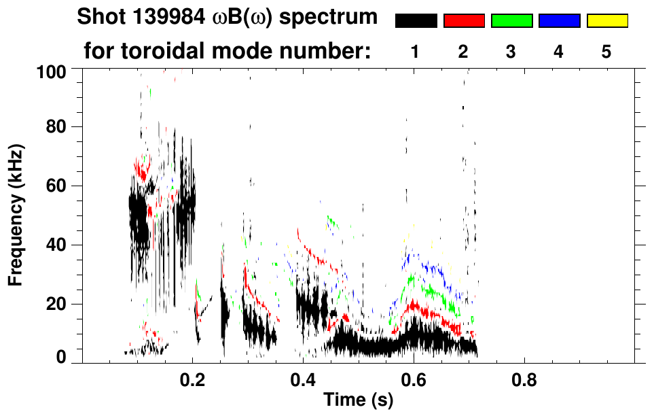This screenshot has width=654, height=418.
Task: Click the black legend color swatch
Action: coord(416,21)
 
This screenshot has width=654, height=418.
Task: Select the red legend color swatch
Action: coord(464,21)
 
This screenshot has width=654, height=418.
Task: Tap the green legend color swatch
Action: coord(511,21)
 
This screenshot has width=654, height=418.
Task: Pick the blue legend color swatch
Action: coord(559,21)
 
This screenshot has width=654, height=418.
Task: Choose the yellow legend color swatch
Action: coord(606,21)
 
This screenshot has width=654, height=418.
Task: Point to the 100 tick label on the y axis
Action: coord(50,71)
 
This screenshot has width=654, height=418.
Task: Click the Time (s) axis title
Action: coord(358,401)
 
